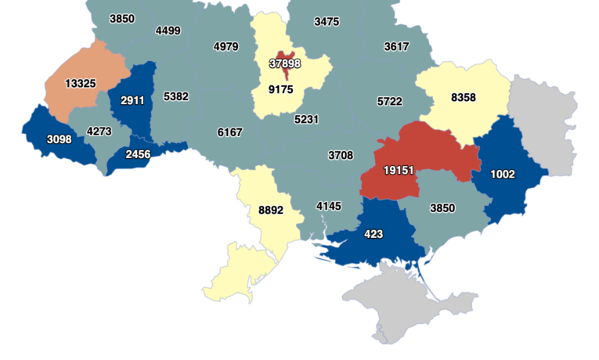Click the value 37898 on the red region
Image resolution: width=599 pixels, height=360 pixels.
tap(284, 63)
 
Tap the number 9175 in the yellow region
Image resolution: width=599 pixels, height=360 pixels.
tap(280, 90)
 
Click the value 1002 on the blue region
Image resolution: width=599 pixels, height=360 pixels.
tap(502, 174)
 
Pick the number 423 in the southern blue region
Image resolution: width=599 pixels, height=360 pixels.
tap(373, 233)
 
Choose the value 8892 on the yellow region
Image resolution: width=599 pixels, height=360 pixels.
tap(270, 210)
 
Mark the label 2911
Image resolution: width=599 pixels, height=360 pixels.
tap(132, 101)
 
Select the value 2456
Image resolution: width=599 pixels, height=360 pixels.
tap(137, 154)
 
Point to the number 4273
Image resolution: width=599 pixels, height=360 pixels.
tap(99, 131)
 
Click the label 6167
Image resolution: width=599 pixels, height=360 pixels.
tap(229, 132)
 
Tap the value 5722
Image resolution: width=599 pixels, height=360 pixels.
tap(389, 102)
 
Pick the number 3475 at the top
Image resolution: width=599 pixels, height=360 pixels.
tap(327, 21)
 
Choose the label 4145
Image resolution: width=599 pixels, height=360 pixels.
tap(329, 206)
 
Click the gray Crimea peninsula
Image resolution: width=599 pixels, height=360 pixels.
tap(392, 301)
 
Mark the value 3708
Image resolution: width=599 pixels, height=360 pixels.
tap(340, 155)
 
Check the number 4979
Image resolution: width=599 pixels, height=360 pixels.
tap(226, 47)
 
